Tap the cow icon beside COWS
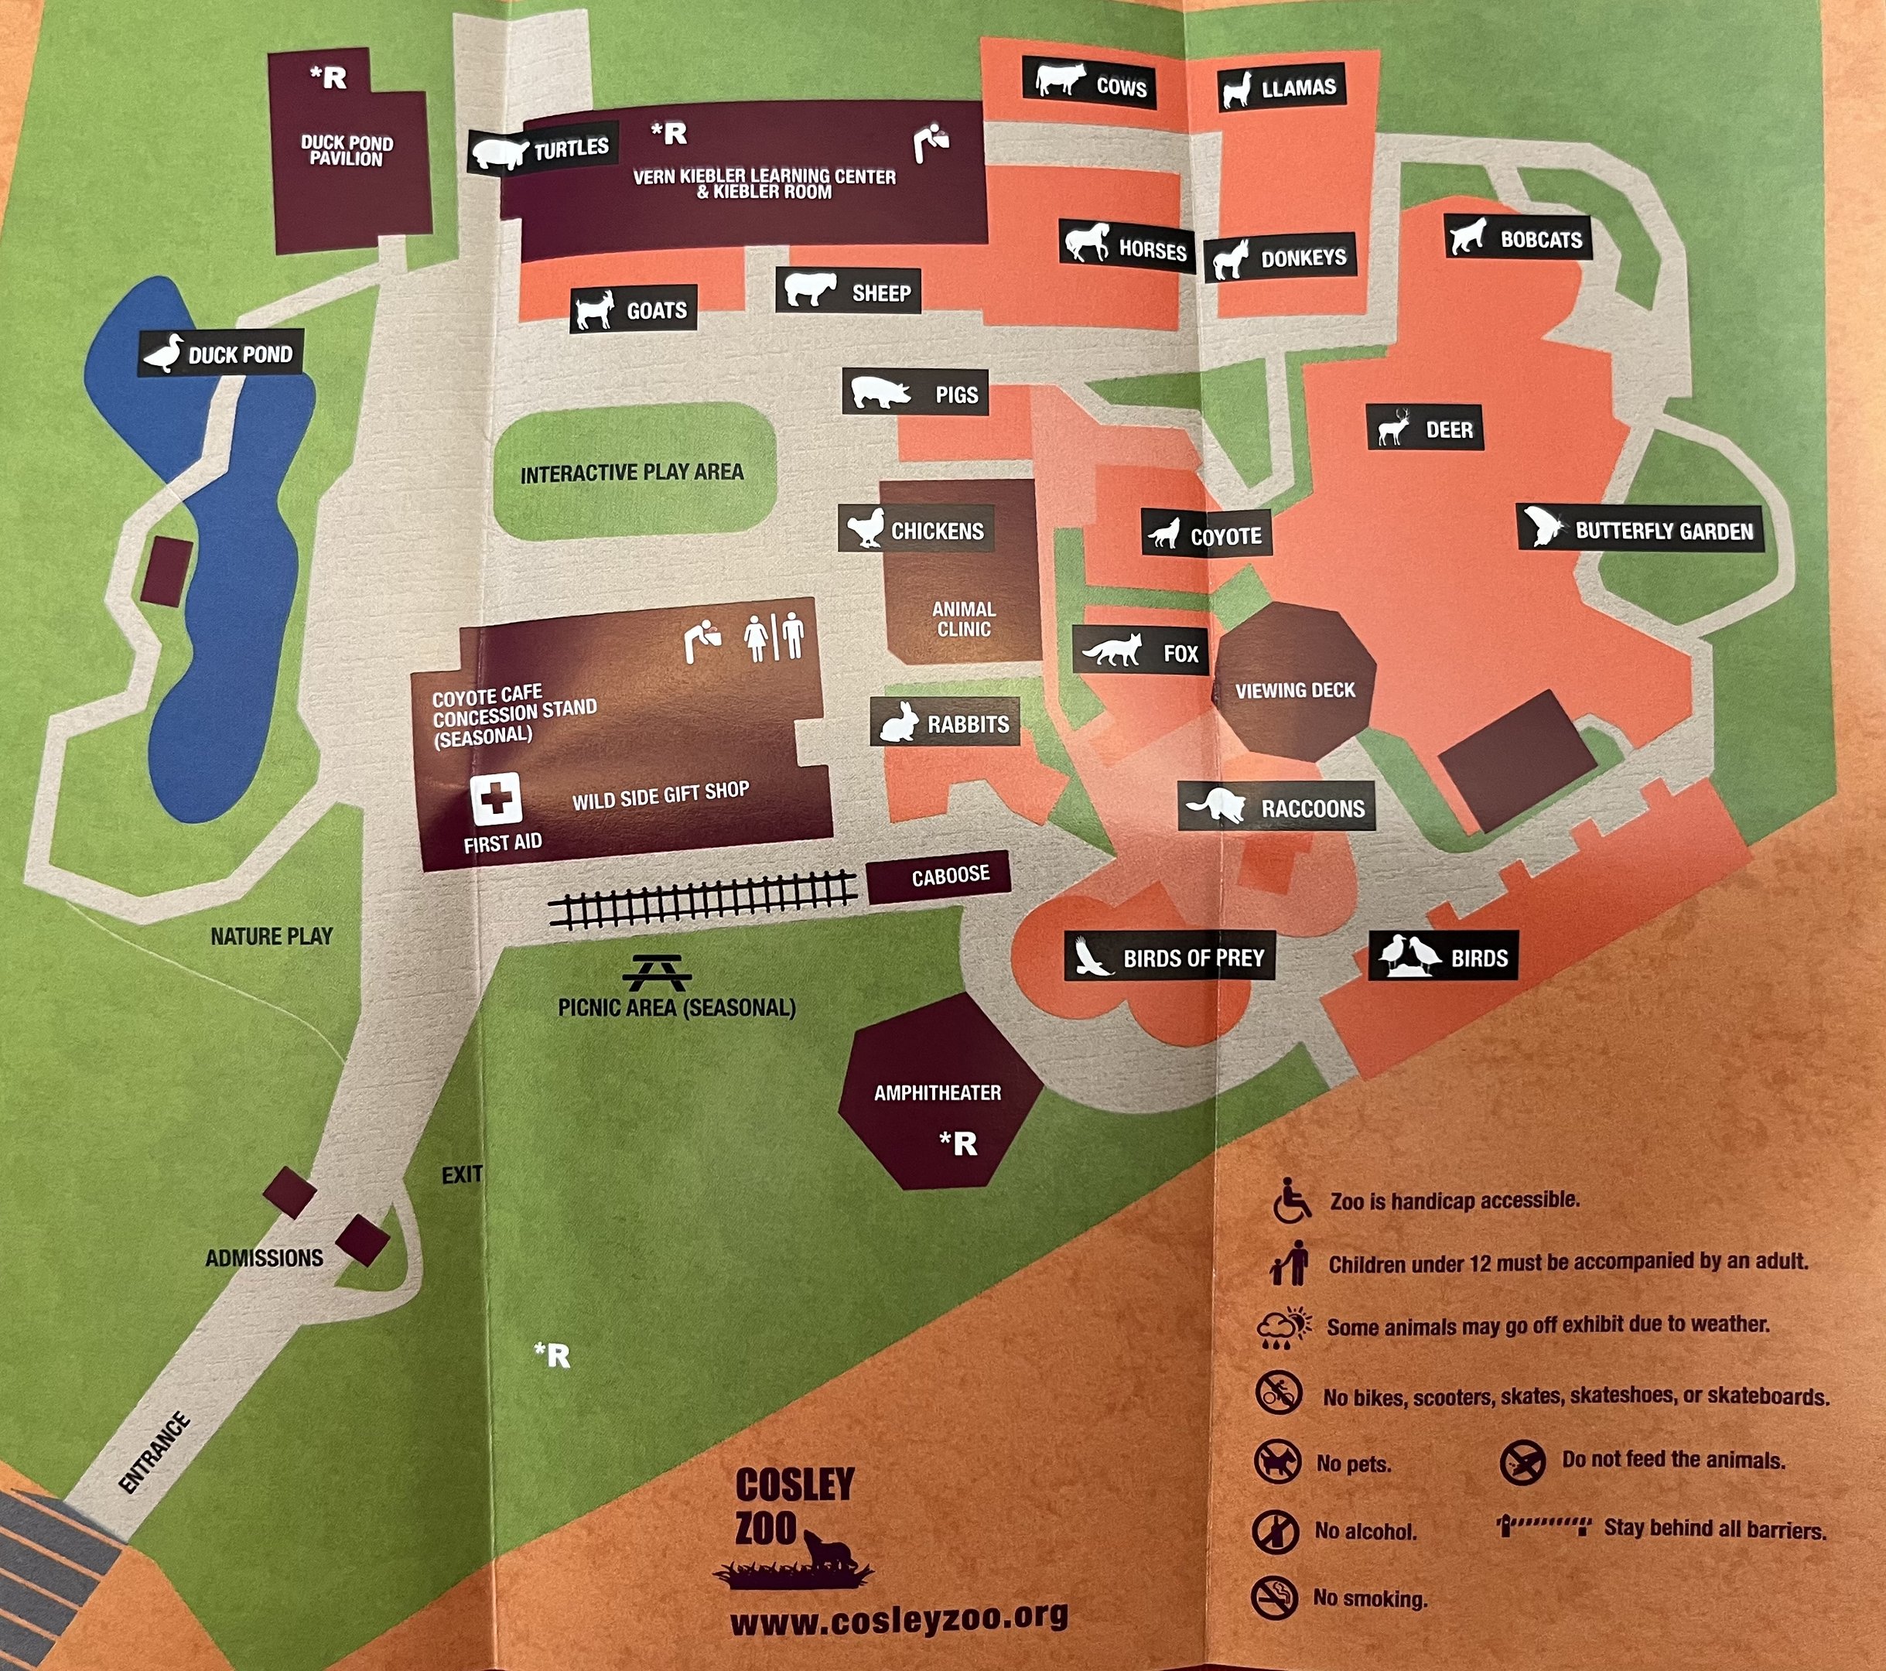[x=1058, y=80]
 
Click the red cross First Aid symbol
[x=497, y=798]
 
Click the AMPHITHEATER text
[x=938, y=1093]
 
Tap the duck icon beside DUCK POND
[x=164, y=354]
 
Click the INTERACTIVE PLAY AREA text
[x=632, y=473]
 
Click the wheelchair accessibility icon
[x=1292, y=1201]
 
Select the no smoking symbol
[x=1274, y=1598]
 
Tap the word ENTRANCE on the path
[x=155, y=1452]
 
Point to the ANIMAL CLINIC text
[x=963, y=619]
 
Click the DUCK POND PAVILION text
[x=347, y=150]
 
